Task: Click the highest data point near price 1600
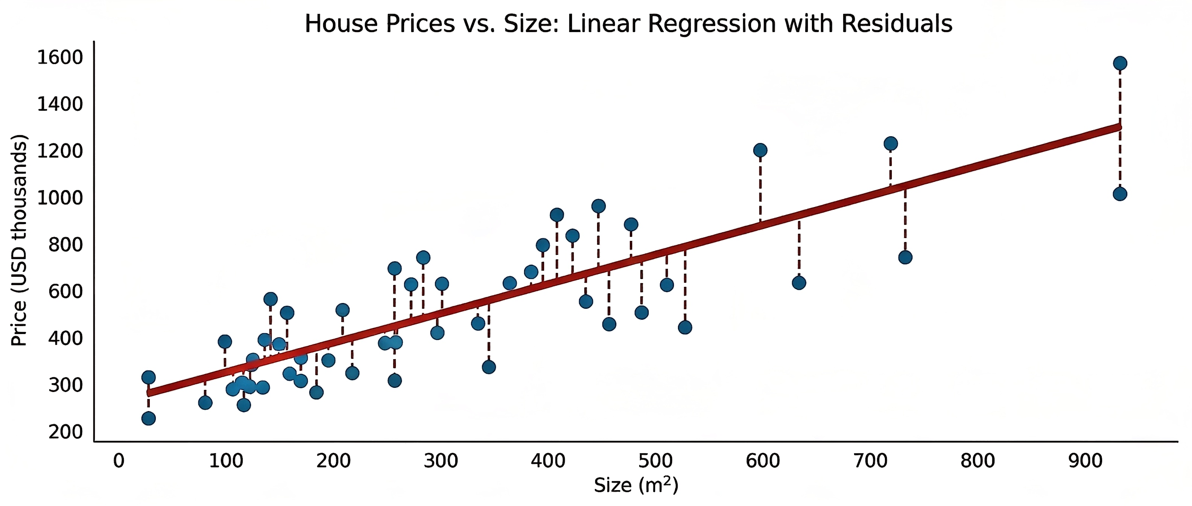pyautogui.click(x=1119, y=63)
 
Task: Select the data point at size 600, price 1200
pyautogui.click(x=760, y=150)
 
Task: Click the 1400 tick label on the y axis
pyautogui.click(x=60, y=104)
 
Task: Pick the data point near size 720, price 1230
pyautogui.click(x=890, y=143)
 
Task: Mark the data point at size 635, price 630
pyautogui.click(x=799, y=283)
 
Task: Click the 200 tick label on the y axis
pyautogui.click(x=65, y=432)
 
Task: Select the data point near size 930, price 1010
pyautogui.click(x=1119, y=194)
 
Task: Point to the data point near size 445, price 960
pyautogui.click(x=598, y=206)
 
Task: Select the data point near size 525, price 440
pyautogui.click(x=685, y=327)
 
